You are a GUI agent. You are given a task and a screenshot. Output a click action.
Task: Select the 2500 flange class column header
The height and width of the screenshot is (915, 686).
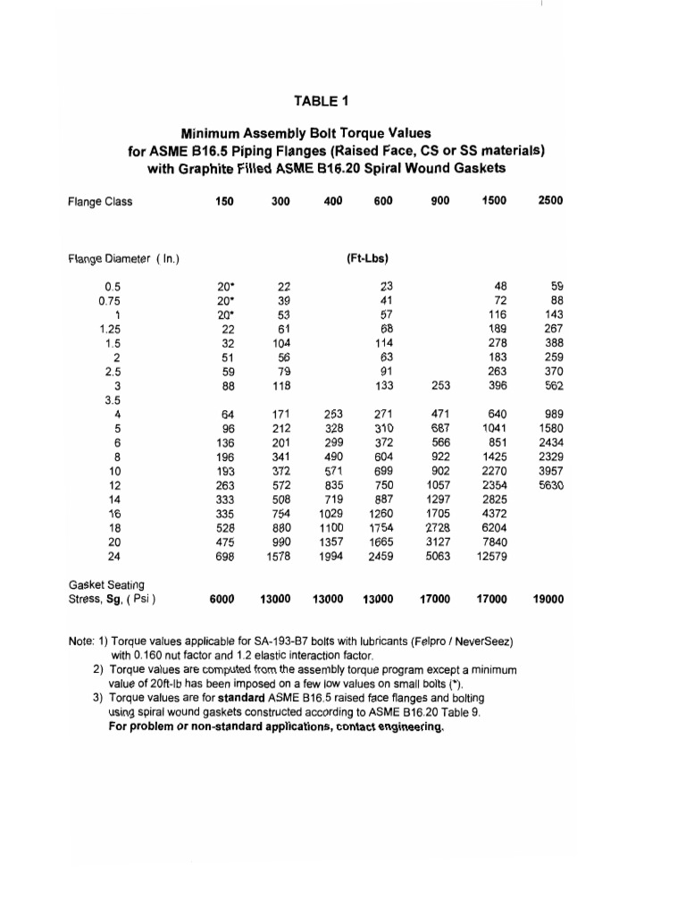coord(550,201)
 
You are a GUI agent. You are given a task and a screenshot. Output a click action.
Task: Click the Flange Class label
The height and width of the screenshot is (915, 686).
coord(100,201)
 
